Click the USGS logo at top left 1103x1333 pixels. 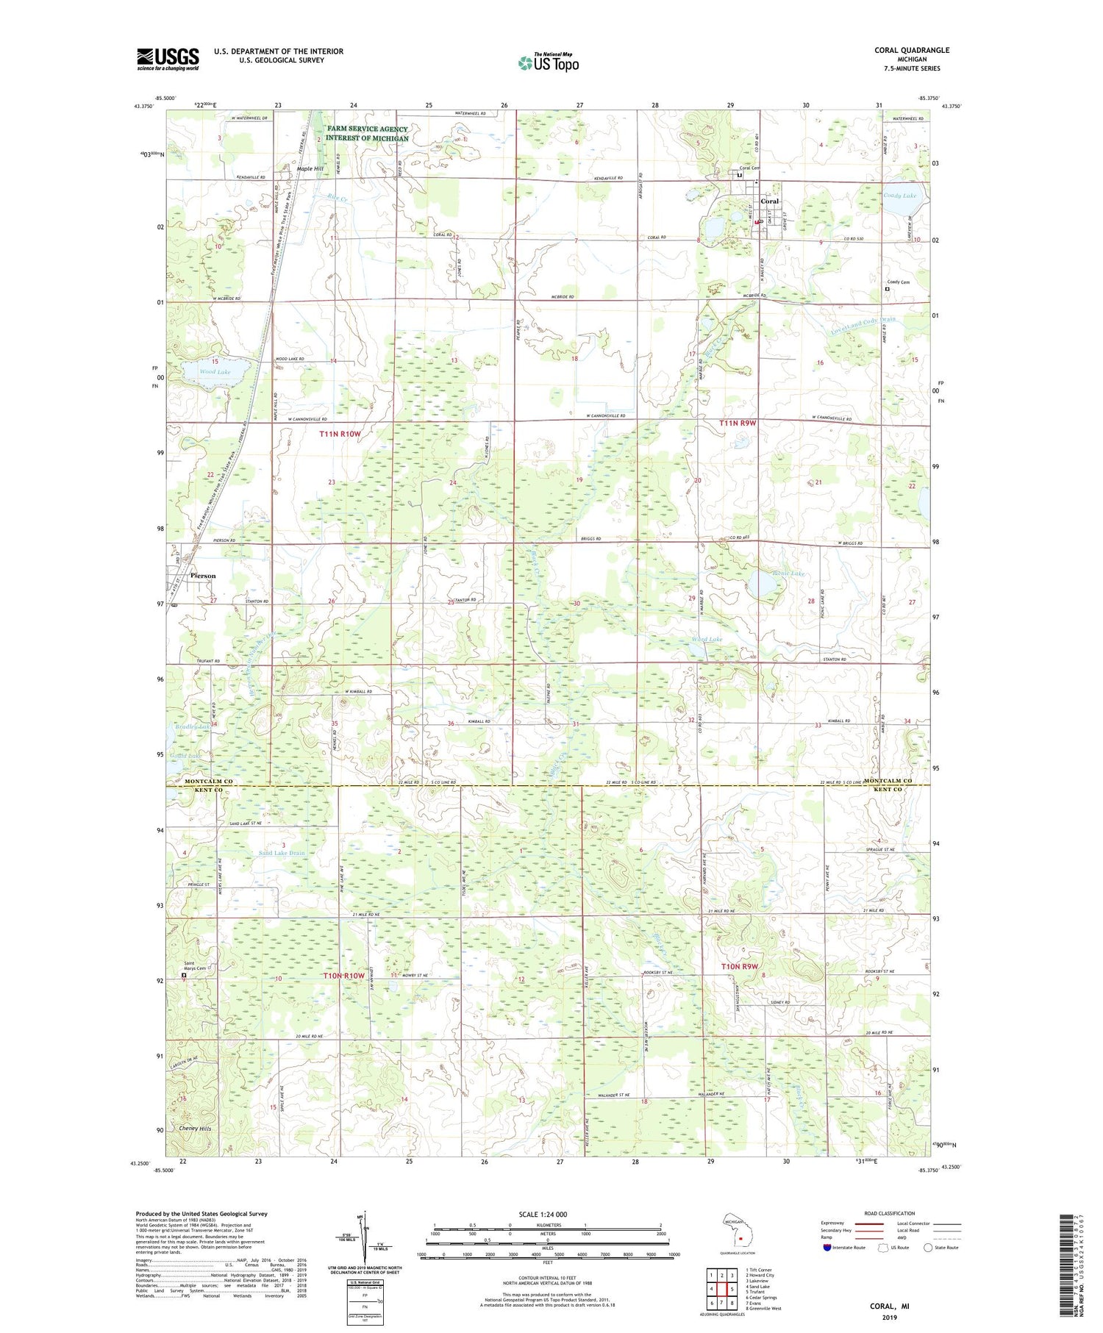[x=168, y=59]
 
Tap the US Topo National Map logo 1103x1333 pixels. [x=548, y=62]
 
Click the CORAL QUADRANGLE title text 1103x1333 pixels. [x=911, y=50]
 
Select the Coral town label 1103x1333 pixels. [x=769, y=201]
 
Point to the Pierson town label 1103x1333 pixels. [x=203, y=576]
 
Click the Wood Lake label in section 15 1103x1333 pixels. [x=215, y=372]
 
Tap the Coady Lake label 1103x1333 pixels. [x=900, y=196]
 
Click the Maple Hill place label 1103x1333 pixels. [x=310, y=169]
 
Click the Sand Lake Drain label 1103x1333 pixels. [x=282, y=853]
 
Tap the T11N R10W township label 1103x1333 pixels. [x=340, y=435]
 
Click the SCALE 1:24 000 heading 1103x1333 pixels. [x=543, y=1215]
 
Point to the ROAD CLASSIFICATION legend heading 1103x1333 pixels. [x=890, y=1213]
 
